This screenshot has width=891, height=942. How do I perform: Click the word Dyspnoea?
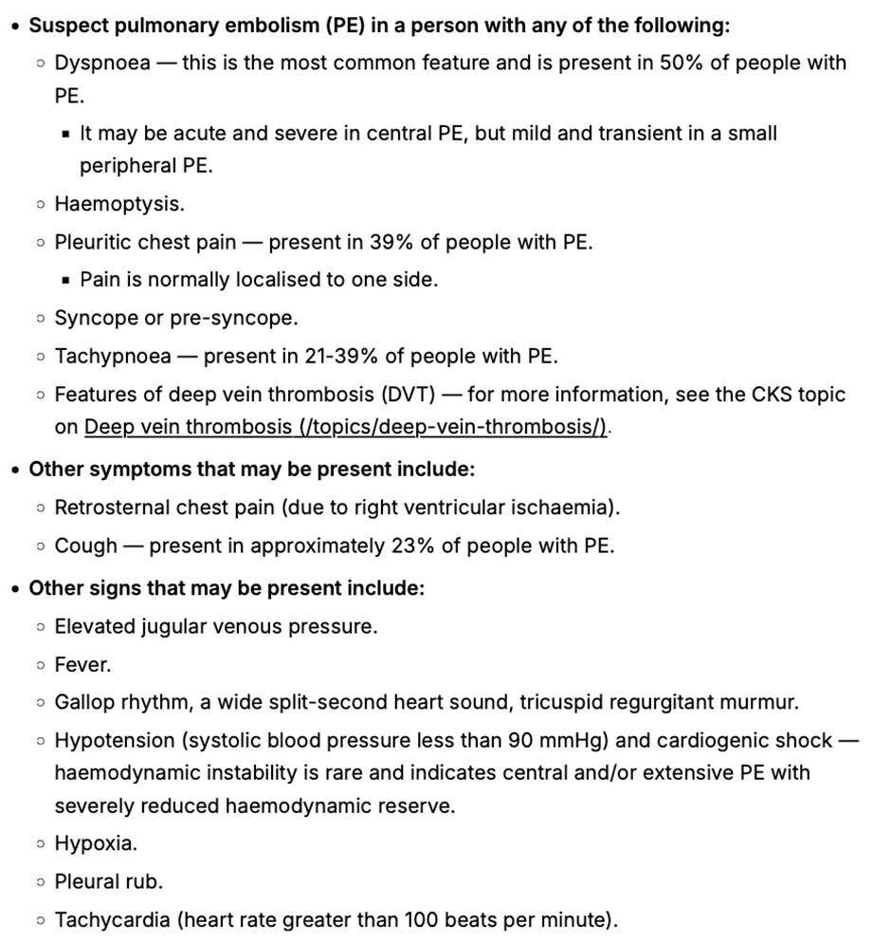[x=102, y=64]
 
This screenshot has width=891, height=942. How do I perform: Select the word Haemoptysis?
[x=119, y=204]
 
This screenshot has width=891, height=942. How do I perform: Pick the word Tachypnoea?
[x=113, y=356]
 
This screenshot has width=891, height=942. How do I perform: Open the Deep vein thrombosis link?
[x=346, y=427]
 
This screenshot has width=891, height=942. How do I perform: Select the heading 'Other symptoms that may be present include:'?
[x=251, y=469]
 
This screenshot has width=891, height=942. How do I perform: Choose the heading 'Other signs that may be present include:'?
[x=227, y=588]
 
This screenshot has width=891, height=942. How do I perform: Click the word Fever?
[x=82, y=665]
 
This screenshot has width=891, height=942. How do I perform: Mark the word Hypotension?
[x=115, y=741]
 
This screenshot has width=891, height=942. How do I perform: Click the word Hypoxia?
[x=95, y=843]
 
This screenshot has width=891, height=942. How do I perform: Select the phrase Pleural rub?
[x=109, y=881]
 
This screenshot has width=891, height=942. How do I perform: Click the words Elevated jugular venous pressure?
[x=215, y=627]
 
